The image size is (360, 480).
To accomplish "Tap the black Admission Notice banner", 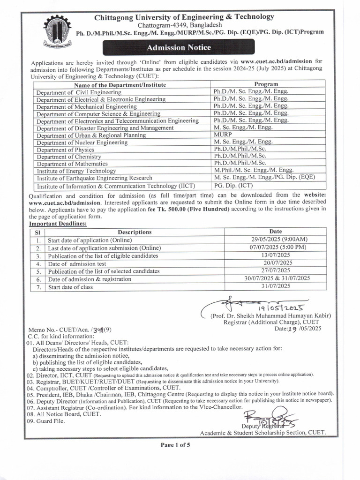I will (179, 47).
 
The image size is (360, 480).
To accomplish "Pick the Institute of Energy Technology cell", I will (76, 171).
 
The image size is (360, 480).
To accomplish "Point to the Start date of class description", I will (70, 287).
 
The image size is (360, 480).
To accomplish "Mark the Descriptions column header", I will (135, 232).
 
